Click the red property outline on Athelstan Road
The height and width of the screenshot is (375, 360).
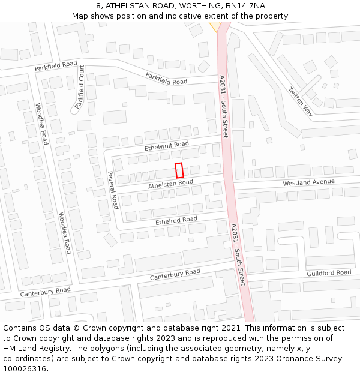coord(178,170)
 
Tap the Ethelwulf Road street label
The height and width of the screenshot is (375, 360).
coord(167,145)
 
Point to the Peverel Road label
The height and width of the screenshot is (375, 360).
coord(112,189)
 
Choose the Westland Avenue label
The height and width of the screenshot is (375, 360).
coord(308,182)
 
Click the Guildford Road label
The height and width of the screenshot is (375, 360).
coord(329,273)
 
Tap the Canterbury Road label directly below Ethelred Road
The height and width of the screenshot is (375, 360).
coord(175,274)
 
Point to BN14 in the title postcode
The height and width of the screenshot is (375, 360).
coord(236,5)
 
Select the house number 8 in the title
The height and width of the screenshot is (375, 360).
coord(98,5)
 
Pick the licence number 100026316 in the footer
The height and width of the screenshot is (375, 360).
coord(25,369)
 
